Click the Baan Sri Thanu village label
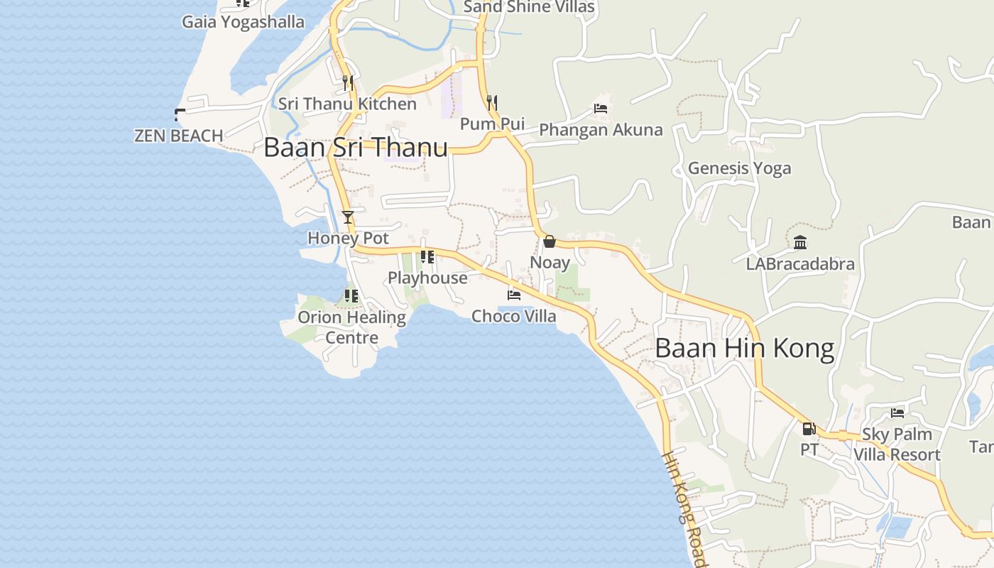coord(355,148)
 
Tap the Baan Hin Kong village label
coord(744,349)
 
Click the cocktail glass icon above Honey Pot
coord(348,217)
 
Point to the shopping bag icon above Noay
coord(550,241)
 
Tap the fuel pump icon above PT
coord(809,429)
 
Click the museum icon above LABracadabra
coord(800,243)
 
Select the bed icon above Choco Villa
coord(514,295)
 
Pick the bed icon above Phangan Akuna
coord(601,109)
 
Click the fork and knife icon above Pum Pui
coord(491,103)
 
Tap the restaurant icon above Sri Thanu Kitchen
coord(347,83)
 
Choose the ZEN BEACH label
coord(178,136)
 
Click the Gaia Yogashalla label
coord(243,22)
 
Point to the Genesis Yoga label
coord(739,168)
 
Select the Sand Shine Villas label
coord(529,7)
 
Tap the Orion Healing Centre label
coord(351,327)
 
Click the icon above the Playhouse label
coord(427,257)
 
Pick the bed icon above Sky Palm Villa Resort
coord(897,413)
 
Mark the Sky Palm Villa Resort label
coord(897,444)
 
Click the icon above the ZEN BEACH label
coord(180,114)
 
